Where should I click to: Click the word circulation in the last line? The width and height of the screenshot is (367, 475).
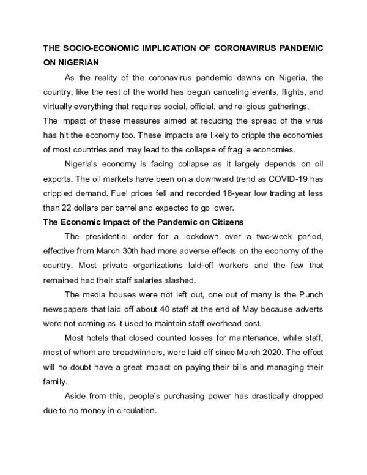pyautogui.click(x=138, y=410)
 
